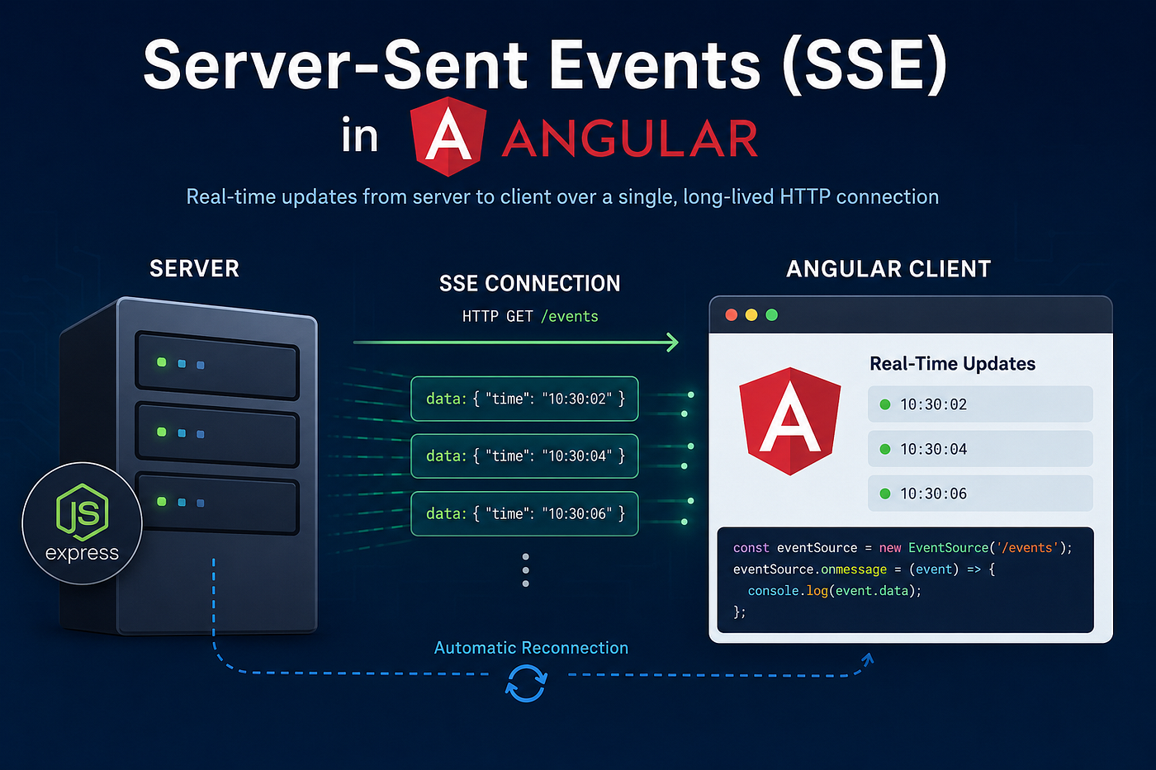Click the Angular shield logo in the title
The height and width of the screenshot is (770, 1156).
[448, 137]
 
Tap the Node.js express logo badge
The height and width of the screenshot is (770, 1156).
[82, 523]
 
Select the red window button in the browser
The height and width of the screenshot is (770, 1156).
[732, 315]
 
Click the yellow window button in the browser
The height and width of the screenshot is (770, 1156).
[751, 315]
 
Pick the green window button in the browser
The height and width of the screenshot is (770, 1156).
[771, 315]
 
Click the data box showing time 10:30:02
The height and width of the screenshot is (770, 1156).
[524, 399]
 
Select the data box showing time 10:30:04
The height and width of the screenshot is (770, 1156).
[524, 456]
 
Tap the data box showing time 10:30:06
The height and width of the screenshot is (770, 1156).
[524, 513]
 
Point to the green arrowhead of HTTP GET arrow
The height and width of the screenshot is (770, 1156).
[672, 342]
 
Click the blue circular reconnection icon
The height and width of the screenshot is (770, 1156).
[526, 683]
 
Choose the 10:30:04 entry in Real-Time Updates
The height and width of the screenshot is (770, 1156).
[980, 449]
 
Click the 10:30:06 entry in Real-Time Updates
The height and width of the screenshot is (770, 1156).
[980, 494]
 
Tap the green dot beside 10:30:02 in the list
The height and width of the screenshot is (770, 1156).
[885, 404]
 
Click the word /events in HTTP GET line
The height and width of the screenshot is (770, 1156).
[570, 316]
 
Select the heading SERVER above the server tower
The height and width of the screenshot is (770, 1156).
[195, 269]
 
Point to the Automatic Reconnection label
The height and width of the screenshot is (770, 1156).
[531, 648]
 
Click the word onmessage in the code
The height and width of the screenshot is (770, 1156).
[854, 569]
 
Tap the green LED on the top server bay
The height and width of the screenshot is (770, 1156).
[162, 362]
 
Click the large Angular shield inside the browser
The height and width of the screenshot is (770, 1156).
[790, 421]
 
